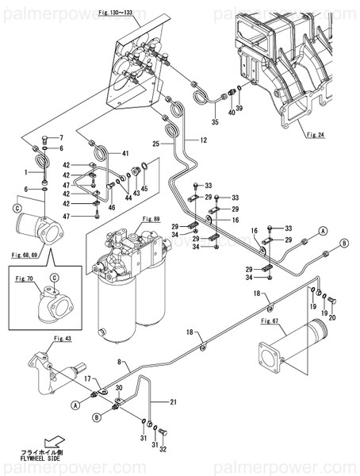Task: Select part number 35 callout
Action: tap(214, 123)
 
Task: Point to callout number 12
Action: tap(203, 140)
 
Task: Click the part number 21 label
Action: tap(174, 401)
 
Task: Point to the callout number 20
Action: tap(332, 318)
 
